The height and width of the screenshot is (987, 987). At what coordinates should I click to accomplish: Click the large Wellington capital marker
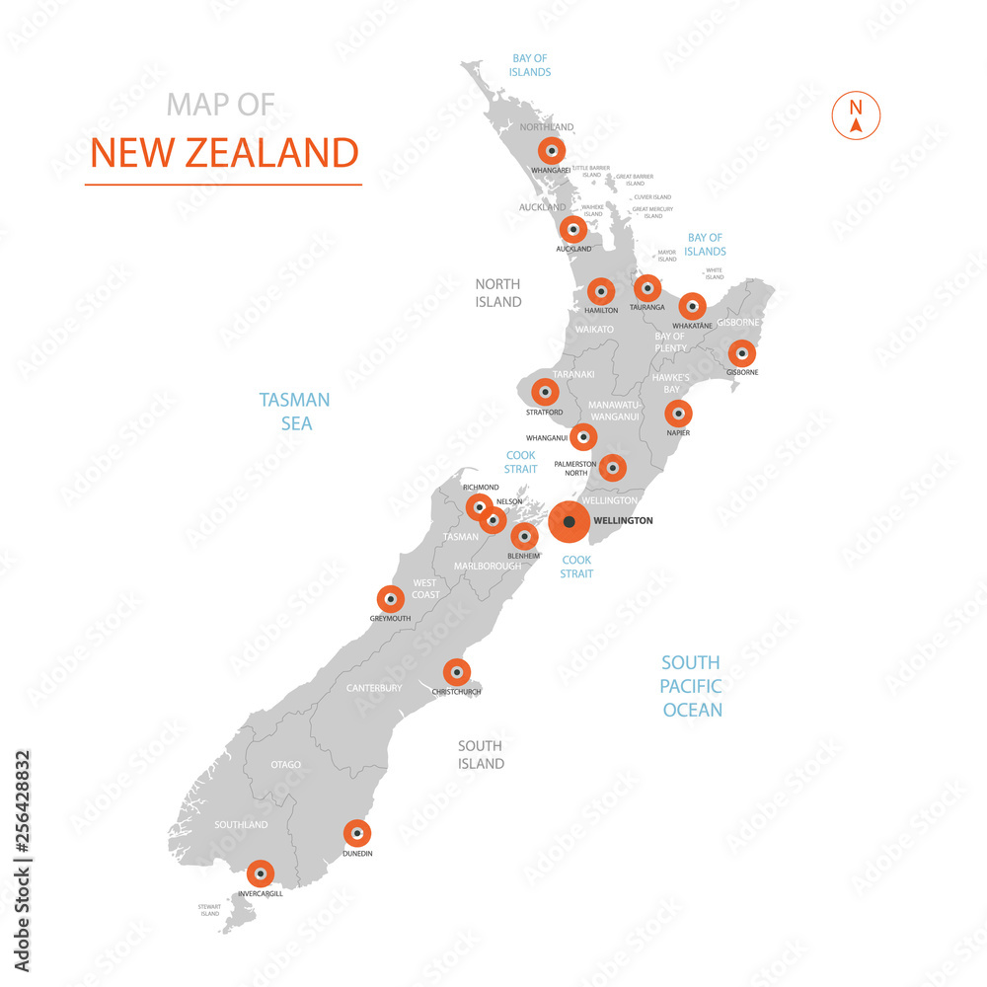569,522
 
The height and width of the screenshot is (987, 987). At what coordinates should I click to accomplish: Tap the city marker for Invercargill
260,873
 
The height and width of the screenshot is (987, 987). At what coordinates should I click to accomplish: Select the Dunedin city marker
356,833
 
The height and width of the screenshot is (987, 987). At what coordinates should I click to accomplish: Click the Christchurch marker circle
456,672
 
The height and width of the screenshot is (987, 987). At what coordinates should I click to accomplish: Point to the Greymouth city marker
391,599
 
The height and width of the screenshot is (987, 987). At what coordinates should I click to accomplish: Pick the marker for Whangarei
552,151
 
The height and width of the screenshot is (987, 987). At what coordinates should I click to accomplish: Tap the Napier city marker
678,414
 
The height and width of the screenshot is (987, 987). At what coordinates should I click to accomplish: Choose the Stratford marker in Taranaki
544,392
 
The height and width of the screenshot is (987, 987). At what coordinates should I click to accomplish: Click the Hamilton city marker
601,291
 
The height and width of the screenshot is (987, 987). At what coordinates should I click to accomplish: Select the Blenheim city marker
524,537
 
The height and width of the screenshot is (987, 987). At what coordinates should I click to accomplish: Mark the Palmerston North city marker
612,468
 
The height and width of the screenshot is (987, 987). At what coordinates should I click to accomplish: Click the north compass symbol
856,114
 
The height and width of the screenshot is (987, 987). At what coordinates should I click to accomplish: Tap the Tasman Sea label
295,412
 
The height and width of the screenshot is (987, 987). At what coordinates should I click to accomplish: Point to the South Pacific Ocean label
692,686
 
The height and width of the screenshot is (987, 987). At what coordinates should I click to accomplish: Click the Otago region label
285,765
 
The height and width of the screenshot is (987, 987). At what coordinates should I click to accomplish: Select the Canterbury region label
374,688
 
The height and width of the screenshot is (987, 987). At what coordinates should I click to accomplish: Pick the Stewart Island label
209,910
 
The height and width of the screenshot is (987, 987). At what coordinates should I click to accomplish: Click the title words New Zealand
224,153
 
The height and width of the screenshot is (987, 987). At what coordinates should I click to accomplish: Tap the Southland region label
241,824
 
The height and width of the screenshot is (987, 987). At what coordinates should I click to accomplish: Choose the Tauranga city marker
647,288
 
